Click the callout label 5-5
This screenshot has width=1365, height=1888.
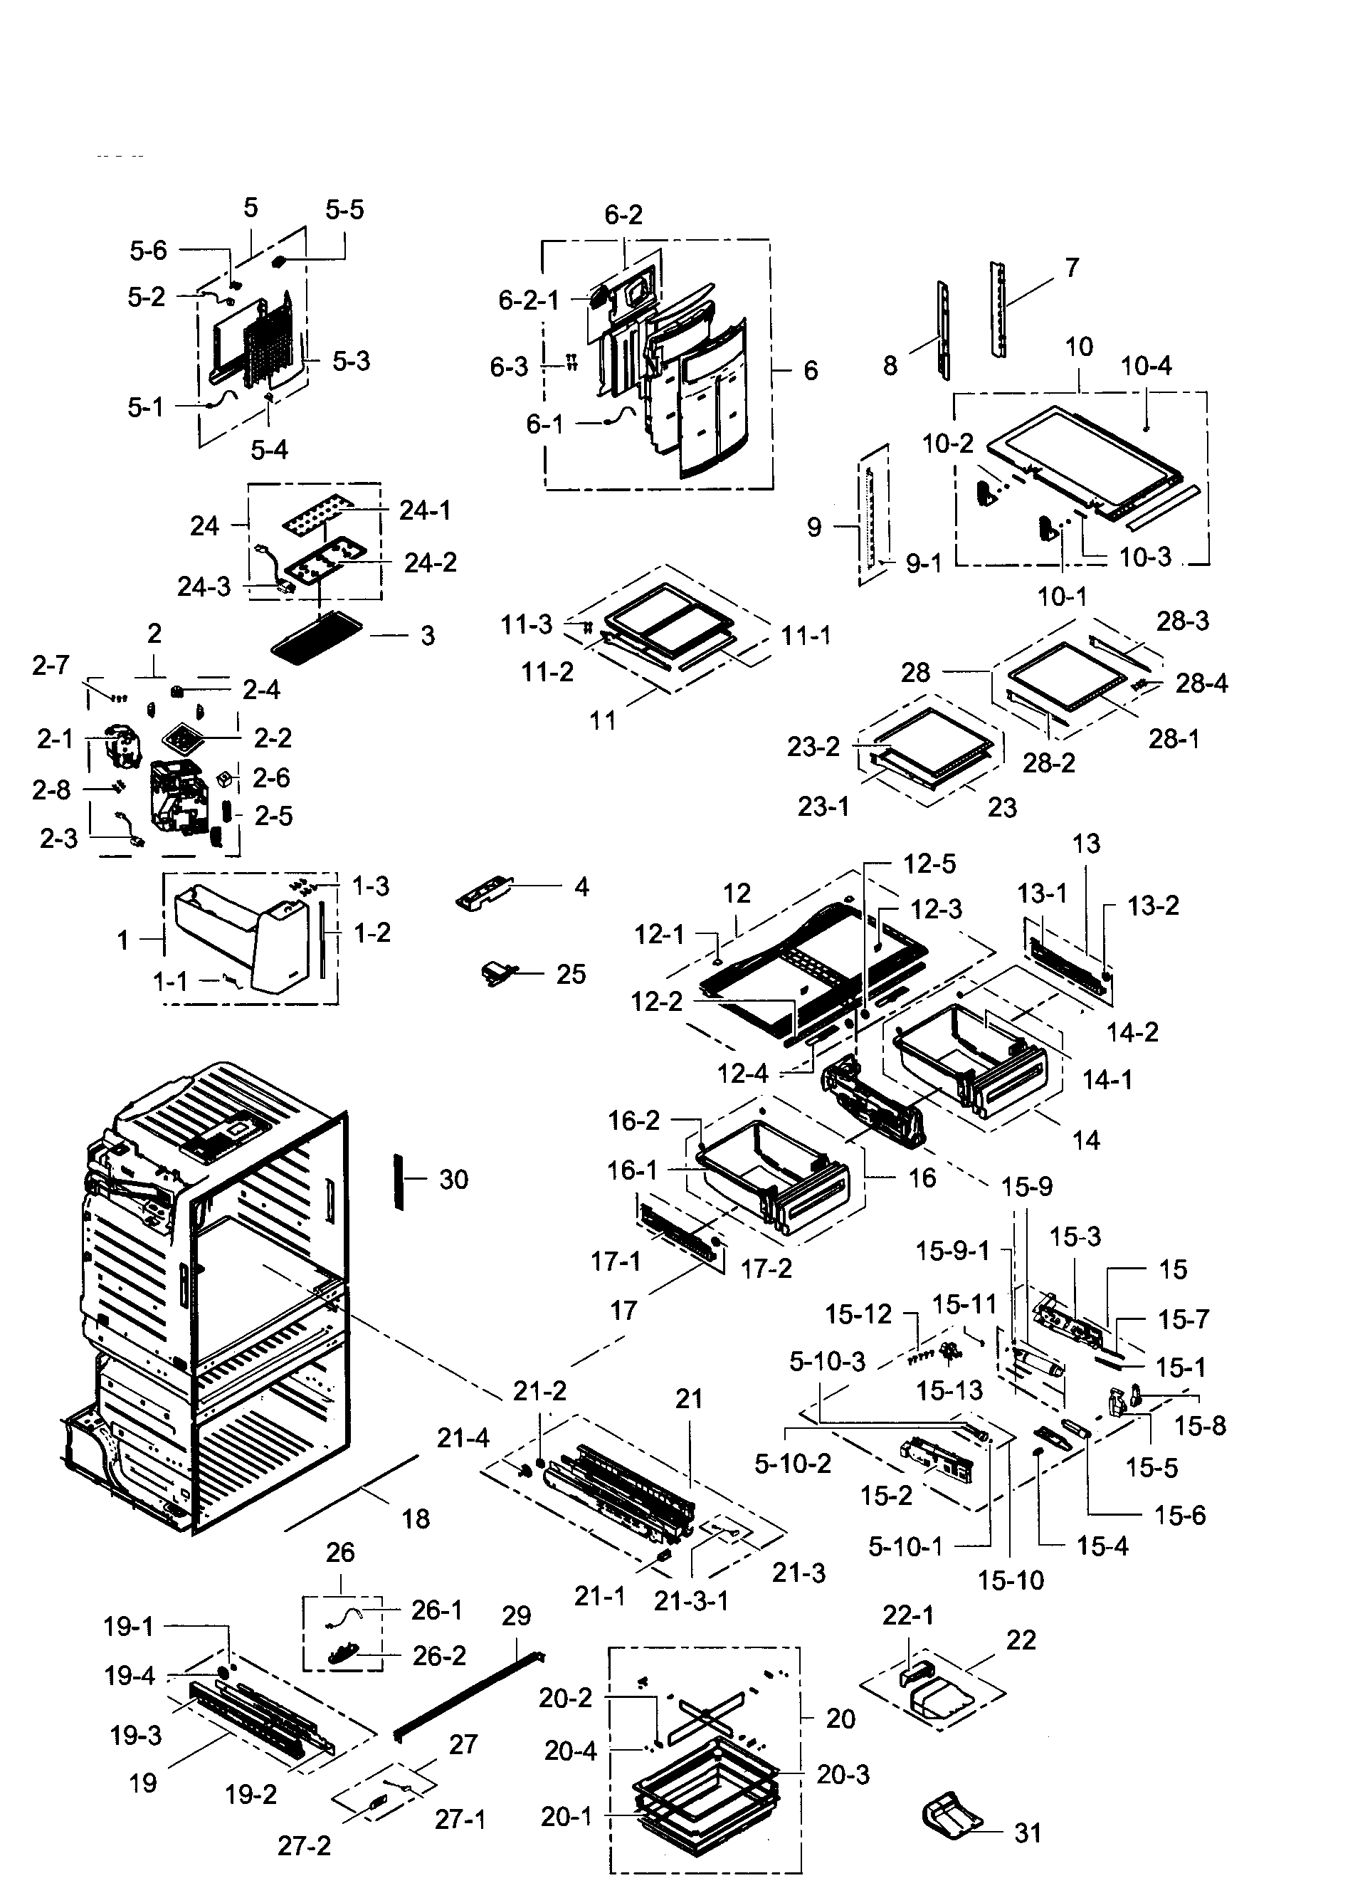(344, 210)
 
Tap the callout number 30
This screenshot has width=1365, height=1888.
(453, 1179)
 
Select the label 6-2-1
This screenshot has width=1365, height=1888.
(529, 300)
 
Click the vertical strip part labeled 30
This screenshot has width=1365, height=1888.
(399, 1181)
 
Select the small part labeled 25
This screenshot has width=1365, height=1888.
(497, 972)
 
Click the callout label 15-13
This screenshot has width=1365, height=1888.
(949, 1390)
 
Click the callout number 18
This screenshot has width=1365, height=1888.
(416, 1519)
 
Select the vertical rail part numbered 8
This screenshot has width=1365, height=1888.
(944, 330)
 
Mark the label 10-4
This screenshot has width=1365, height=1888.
(1146, 365)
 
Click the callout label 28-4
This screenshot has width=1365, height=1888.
(1202, 683)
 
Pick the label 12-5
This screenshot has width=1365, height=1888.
(929, 864)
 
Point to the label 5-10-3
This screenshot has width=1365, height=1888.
(827, 1361)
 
